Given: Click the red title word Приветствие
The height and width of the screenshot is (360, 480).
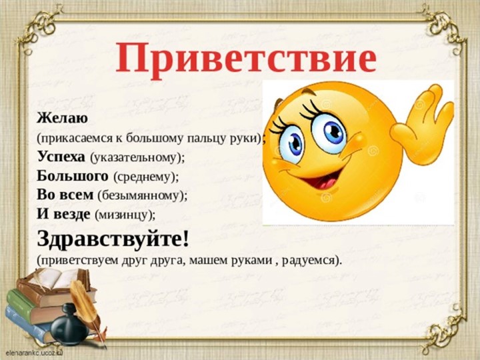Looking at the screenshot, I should click(x=246, y=58).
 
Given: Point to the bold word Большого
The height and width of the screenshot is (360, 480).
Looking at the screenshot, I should click(x=73, y=177).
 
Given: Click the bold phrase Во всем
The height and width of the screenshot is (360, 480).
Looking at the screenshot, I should click(x=65, y=195).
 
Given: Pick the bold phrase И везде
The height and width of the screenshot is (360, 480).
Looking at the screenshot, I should click(x=64, y=214).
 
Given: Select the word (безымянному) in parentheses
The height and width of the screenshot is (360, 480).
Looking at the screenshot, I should click(x=143, y=196).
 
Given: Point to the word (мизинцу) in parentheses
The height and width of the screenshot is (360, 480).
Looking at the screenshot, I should click(x=126, y=215).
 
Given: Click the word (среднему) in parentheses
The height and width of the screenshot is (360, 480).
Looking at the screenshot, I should click(x=147, y=177).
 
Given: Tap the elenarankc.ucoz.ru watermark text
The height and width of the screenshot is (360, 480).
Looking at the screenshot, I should click(x=33, y=349).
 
